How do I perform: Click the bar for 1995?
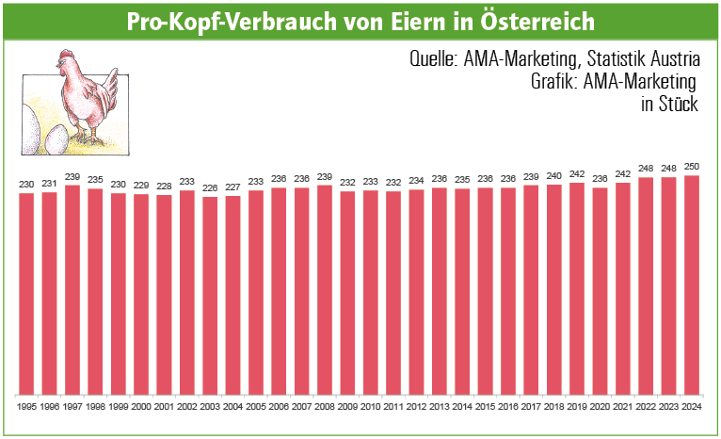pos(26,293)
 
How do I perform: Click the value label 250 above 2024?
pos(691,168)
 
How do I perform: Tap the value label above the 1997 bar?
pos(72,177)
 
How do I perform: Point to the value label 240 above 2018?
pos(553,176)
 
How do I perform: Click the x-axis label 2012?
pos(416,406)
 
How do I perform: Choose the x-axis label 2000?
pos(141,406)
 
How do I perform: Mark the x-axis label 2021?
pos(622,406)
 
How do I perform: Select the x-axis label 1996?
pos(50,406)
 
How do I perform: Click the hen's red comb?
pos(63,54)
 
